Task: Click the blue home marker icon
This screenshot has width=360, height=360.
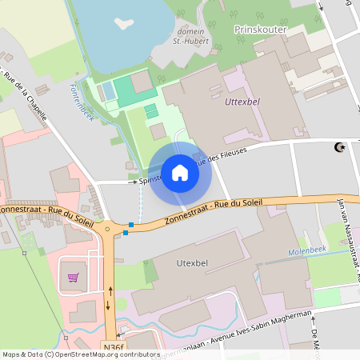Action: point(180,173)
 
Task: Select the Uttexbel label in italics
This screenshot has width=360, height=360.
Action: point(244,102)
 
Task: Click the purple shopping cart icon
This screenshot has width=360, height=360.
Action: point(74,278)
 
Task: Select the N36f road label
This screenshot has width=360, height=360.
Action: point(116,349)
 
